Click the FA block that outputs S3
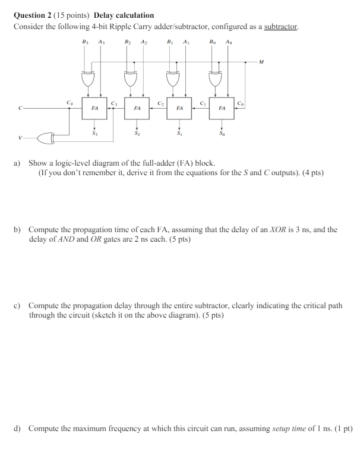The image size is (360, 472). point(94,109)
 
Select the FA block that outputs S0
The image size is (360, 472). point(222,109)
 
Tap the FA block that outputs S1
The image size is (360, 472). point(179,109)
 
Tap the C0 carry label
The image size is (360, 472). point(240,103)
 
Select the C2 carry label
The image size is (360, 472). point(160,103)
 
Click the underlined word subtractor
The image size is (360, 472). point(281,27)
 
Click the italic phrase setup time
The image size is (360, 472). point(287,427)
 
